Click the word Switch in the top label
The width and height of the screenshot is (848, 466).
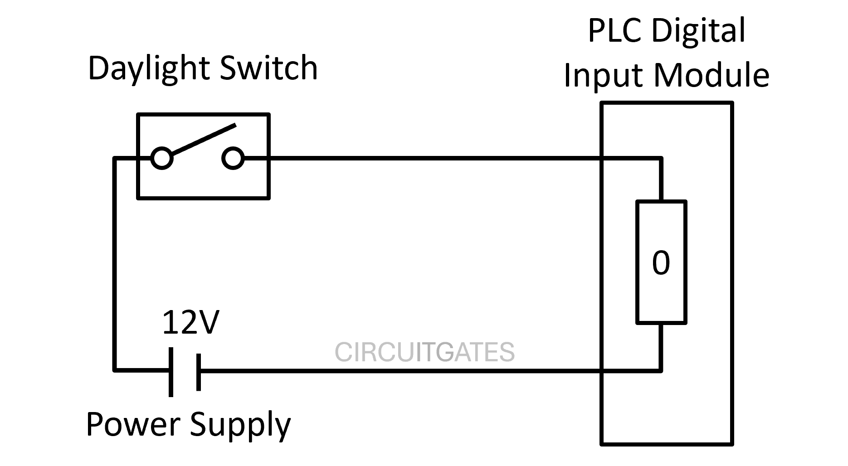(268, 68)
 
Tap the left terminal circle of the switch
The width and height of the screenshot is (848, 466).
(162, 159)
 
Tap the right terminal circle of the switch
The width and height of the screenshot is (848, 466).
(233, 159)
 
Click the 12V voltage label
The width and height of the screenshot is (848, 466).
(190, 323)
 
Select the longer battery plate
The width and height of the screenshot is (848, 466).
(171, 372)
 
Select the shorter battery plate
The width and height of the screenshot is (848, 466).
(199, 372)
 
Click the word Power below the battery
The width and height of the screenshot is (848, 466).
(132, 424)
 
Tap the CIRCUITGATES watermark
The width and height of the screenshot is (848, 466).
(424, 352)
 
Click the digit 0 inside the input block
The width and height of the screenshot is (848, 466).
(661, 263)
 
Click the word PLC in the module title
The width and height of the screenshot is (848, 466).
(615, 31)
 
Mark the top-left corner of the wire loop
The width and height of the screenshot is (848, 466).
(115, 159)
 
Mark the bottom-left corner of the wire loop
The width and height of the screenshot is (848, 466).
(115, 370)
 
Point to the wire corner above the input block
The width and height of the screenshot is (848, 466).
(661, 159)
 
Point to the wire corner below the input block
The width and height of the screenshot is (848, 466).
(661, 370)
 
